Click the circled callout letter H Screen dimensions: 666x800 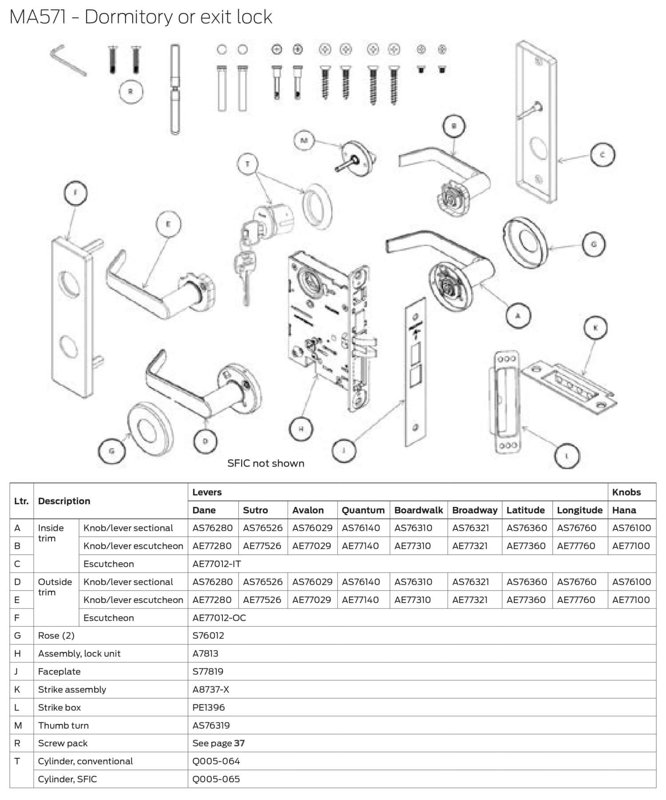[301, 429]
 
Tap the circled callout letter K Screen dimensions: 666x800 [595, 328]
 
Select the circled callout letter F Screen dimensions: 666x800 [75, 193]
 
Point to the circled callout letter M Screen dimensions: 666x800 [305, 141]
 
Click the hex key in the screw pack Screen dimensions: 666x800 [67, 60]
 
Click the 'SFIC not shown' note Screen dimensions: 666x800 [266, 463]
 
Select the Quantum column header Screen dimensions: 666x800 [363, 510]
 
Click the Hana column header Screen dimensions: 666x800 [624, 510]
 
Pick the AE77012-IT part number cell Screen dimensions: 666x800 [217, 564]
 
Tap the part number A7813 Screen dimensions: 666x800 [205, 653]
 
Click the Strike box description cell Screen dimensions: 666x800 [59, 707]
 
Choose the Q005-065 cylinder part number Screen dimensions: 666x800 [216, 779]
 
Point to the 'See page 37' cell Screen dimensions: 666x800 [218, 743]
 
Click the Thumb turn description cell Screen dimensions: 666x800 [63, 725]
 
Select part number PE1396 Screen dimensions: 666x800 [209, 707]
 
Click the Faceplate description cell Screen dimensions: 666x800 [59, 671]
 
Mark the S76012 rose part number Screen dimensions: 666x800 [208, 635]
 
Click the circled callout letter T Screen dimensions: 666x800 [247, 165]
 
